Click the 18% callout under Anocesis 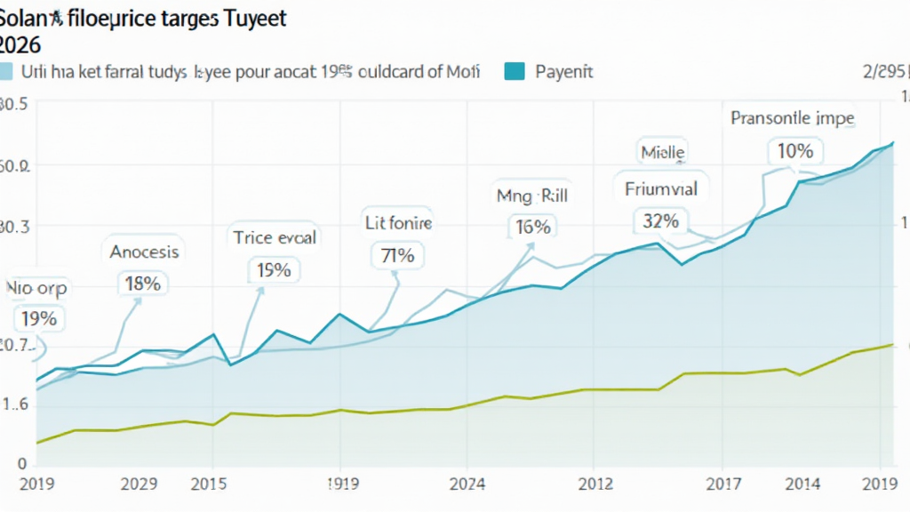pyautogui.click(x=143, y=284)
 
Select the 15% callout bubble pyautogui.click(x=274, y=269)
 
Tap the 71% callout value pyautogui.click(x=397, y=256)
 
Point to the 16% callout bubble pyautogui.click(x=532, y=227)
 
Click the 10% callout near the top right pyautogui.click(x=794, y=151)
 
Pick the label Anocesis pyautogui.click(x=144, y=252)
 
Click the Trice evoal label pyautogui.click(x=275, y=237)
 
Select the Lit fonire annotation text pyautogui.click(x=399, y=223)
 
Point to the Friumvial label pyautogui.click(x=660, y=188)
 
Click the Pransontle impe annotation pyautogui.click(x=792, y=118)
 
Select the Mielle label pyautogui.click(x=662, y=153)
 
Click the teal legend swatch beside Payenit pyautogui.click(x=515, y=71)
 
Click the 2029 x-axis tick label pyautogui.click(x=139, y=484)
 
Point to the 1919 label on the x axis pyautogui.click(x=340, y=484)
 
